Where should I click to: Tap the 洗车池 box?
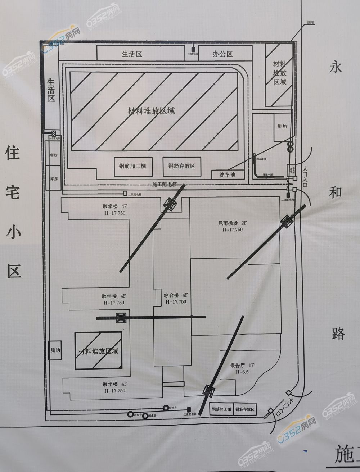point(228,175)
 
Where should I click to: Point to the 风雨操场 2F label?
point(232,226)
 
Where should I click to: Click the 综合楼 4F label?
point(176,298)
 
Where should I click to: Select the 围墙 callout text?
point(310,22)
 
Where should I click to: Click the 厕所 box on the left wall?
point(55,350)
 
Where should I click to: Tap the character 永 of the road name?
point(336,67)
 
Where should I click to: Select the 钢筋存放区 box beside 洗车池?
point(181,166)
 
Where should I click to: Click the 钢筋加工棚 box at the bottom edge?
point(221,409)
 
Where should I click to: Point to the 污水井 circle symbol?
point(130,414)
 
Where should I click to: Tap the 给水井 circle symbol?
point(166,408)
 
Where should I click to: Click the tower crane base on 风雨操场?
point(287,221)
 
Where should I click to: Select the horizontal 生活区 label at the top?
point(132,54)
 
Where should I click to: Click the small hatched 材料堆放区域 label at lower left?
point(98,351)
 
